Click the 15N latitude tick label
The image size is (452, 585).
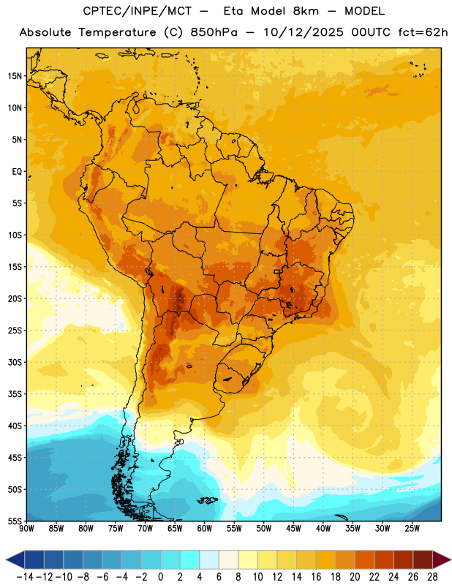pos(15,76)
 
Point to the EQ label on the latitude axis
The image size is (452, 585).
pos(17,172)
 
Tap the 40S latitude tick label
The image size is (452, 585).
pos(15,426)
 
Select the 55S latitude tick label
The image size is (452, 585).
pos(15,521)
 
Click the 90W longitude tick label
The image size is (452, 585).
pos(27,529)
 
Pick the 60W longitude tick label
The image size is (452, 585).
pos(205,529)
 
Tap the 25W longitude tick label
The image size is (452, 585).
pos(412,529)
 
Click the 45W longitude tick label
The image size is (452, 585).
pos(293,529)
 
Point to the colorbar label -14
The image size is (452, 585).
pos(25,577)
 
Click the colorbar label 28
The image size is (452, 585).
pos(432,577)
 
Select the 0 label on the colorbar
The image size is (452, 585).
pos(160,577)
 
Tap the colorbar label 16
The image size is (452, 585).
pos(316,577)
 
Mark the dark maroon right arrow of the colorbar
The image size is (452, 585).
pos(441,560)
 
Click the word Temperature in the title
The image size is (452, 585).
pos(117,32)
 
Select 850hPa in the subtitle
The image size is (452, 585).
pos(214,32)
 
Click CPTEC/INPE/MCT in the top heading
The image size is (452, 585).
pos(137,11)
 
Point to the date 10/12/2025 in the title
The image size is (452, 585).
pos(303,32)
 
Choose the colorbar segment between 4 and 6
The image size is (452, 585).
pos(209,560)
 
